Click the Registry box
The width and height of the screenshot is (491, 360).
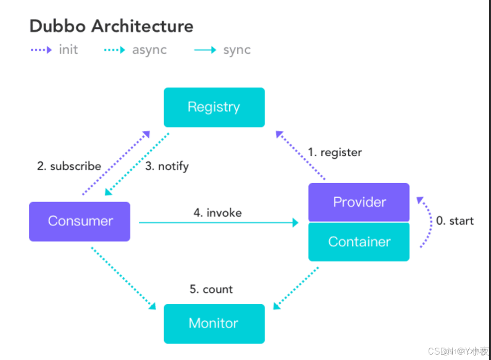[214, 107]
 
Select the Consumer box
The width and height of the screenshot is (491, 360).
[80, 221]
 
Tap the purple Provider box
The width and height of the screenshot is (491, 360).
[359, 202]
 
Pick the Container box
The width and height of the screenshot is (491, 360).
[359, 242]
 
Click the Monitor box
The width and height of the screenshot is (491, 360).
[214, 323]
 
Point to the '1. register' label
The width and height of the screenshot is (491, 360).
[335, 152]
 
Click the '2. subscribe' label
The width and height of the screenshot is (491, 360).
[69, 166]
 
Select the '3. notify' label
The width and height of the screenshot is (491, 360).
[167, 166]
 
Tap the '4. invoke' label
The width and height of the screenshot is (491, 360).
[218, 213]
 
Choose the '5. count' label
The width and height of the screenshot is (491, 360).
[211, 289]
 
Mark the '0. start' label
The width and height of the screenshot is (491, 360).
[454, 221]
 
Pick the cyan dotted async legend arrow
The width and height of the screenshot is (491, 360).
[114, 50]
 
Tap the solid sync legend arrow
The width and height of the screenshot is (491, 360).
[205, 50]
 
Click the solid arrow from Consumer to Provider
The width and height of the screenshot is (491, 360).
[218, 222]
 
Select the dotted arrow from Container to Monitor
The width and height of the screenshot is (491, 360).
[296, 288]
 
